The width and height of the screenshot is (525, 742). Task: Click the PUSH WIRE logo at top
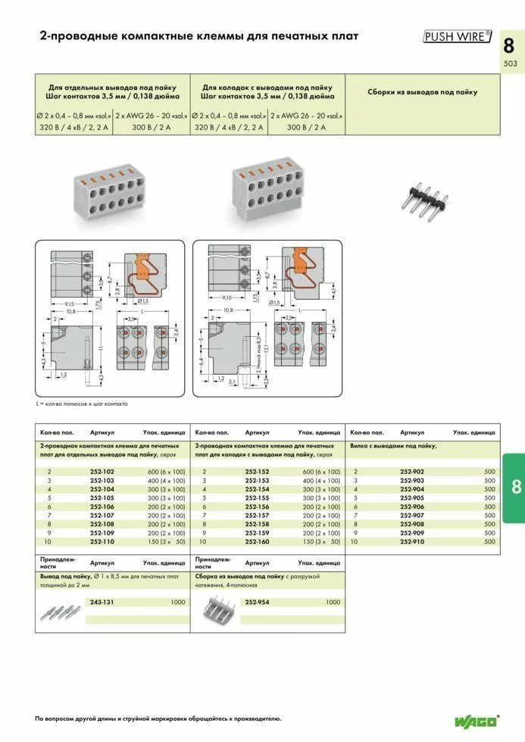pyautogui.click(x=457, y=36)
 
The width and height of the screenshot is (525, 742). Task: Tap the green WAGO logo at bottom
pyautogui.click(x=477, y=721)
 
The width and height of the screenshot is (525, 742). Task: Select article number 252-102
pyautogui.click(x=102, y=471)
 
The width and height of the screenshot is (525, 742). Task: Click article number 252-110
pyautogui.click(x=102, y=542)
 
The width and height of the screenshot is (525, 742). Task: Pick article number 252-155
pyautogui.click(x=257, y=497)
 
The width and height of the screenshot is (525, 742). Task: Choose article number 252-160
pyautogui.click(x=257, y=542)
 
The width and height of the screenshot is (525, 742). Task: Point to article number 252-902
pyautogui.click(x=412, y=471)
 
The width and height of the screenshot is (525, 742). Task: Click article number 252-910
pyautogui.click(x=412, y=542)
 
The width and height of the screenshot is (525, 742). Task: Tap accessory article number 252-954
pyautogui.click(x=257, y=602)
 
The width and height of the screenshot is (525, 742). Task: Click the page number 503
pyautogui.click(x=510, y=64)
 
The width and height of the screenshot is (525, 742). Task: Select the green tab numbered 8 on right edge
pyautogui.click(x=514, y=488)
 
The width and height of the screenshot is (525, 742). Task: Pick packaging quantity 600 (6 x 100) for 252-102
pyautogui.click(x=166, y=471)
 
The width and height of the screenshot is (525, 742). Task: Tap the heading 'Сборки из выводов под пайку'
pyautogui.click(x=423, y=92)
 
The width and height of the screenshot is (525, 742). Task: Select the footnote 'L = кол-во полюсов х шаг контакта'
pyautogui.click(x=82, y=404)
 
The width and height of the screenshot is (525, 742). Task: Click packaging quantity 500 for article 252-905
pyautogui.click(x=489, y=497)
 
